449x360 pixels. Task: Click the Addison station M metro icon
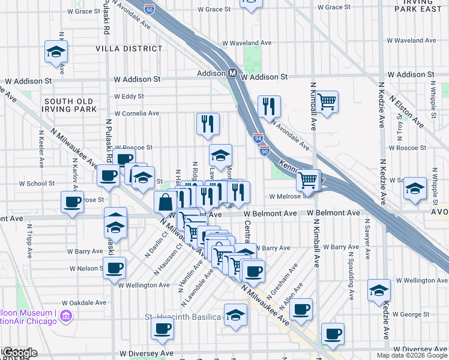click(x=232, y=73)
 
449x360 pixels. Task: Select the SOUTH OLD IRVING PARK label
click(x=70, y=105)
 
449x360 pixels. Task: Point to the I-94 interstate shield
click(x=258, y=137)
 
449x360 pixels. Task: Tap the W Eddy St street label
click(x=128, y=96)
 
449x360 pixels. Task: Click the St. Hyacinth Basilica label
click(x=184, y=316)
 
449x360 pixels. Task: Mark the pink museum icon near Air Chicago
click(x=67, y=316)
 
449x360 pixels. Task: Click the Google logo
click(x=19, y=353)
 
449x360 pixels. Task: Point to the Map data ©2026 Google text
click(x=412, y=355)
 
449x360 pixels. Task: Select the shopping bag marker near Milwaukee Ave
click(x=165, y=203)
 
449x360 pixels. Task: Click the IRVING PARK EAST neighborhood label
click(x=418, y=7)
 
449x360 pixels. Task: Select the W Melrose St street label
click(x=291, y=196)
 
